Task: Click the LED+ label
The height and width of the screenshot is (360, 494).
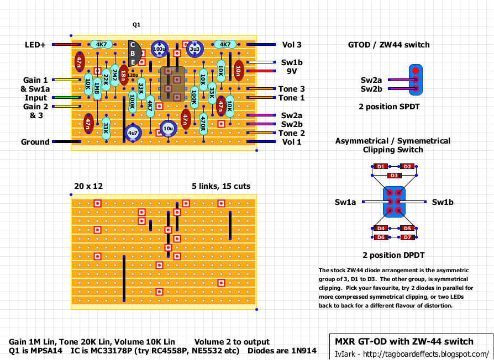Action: [35, 45]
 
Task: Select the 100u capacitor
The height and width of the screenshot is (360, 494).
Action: [159, 49]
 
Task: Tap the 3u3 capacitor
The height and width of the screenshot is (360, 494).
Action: [195, 49]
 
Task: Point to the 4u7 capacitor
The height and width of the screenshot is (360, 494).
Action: [133, 133]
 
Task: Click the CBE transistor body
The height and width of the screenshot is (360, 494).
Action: [133, 53]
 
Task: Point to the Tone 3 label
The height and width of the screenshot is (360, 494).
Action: [291, 89]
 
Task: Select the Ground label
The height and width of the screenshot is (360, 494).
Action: [35, 142]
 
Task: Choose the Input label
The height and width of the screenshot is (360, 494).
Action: [35, 98]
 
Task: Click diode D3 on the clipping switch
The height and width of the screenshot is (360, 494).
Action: [393, 175]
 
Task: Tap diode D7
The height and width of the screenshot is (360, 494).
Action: [407, 237]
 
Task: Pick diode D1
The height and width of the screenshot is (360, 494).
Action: [380, 166]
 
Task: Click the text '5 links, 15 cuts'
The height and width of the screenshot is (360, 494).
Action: [221, 187]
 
